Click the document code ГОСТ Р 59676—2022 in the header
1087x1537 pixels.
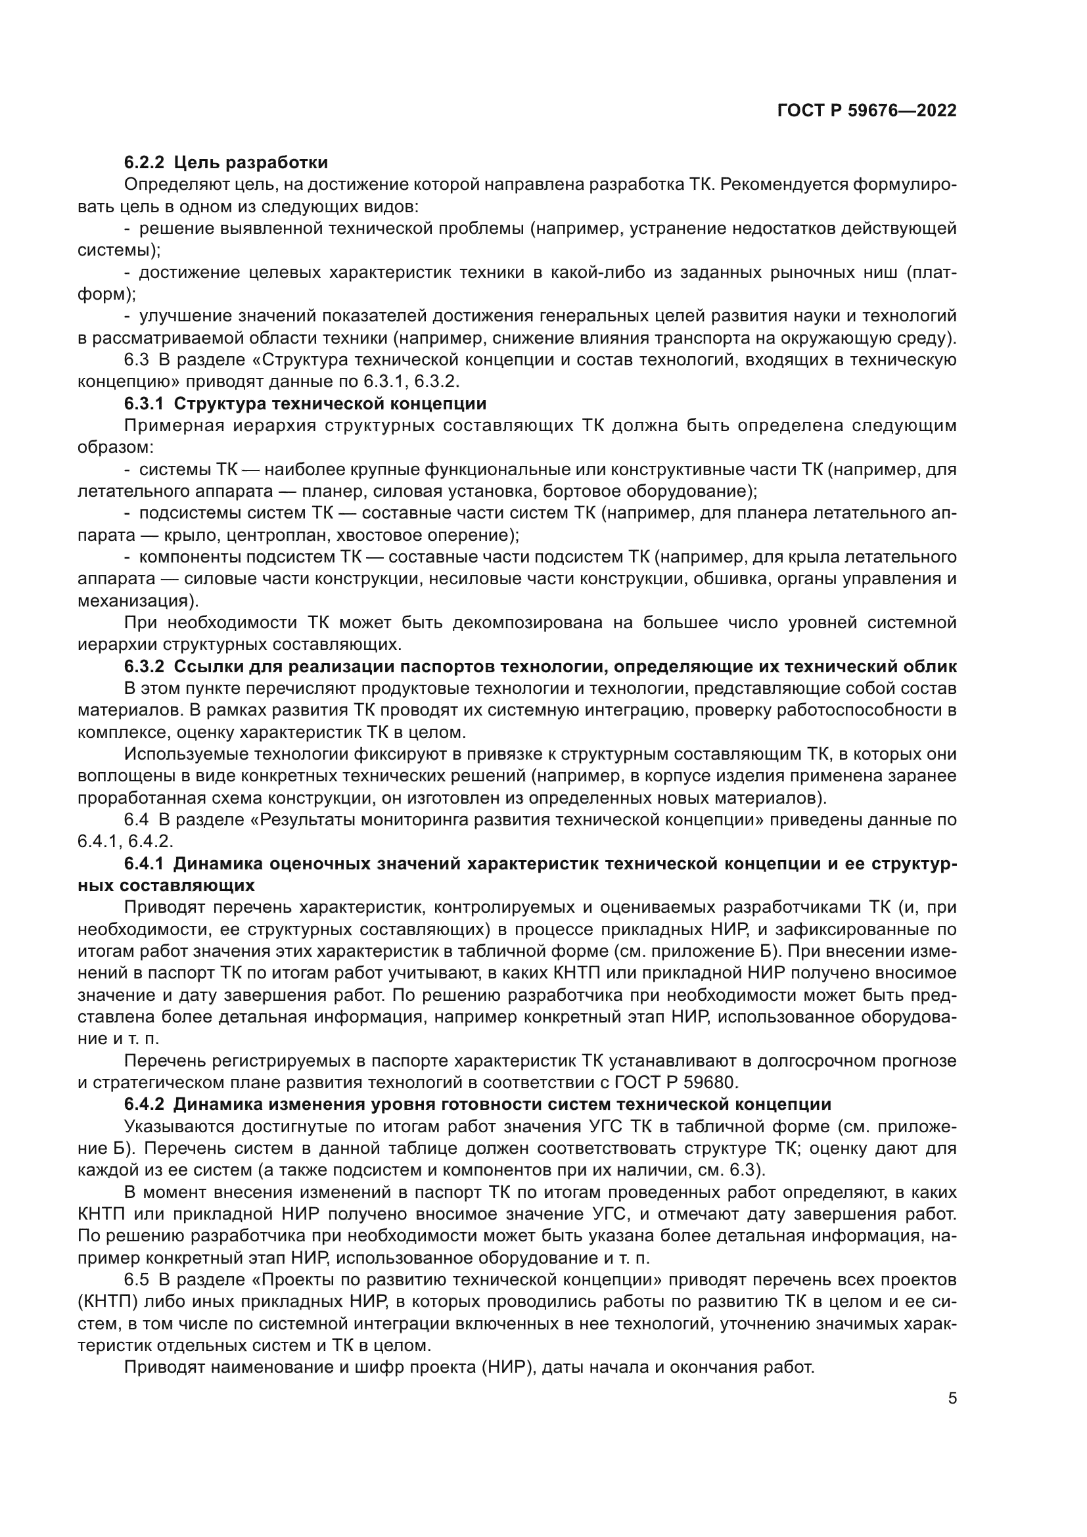[x=867, y=111]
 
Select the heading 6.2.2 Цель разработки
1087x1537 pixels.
[x=225, y=163]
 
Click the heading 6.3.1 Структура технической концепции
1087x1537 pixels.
[x=305, y=403]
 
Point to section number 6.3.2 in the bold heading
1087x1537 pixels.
[x=144, y=667]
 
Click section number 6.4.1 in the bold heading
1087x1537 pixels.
[x=144, y=864]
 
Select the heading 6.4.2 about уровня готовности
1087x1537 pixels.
[x=477, y=1105]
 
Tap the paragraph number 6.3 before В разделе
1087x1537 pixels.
[x=137, y=360]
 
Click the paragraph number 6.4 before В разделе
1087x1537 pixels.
[x=137, y=820]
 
